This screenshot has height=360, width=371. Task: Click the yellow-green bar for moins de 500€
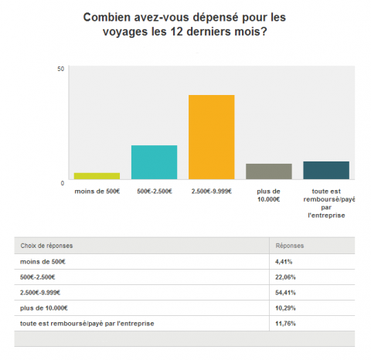coord(97,176)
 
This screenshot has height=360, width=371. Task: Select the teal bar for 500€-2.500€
coord(154,162)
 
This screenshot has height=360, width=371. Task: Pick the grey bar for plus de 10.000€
coord(268,172)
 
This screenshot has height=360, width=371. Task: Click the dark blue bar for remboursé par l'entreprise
coord(325,170)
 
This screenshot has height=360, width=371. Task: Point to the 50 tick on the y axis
coord(60,70)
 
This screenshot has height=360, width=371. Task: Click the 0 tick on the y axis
coord(62,183)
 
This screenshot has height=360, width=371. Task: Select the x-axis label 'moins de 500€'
coord(97,190)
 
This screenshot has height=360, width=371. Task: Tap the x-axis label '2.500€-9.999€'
coord(211,190)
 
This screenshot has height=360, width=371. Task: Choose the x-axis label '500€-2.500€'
coord(154,190)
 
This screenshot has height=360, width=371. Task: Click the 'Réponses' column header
coord(290,246)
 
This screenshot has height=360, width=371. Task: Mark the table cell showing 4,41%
coord(284,262)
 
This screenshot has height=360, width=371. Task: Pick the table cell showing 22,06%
coord(286,277)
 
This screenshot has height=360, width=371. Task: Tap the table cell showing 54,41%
coord(286,292)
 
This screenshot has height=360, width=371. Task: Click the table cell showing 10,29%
coord(286,307)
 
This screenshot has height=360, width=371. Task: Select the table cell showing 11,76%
coord(286,323)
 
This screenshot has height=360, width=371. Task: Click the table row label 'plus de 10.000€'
coord(43,307)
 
